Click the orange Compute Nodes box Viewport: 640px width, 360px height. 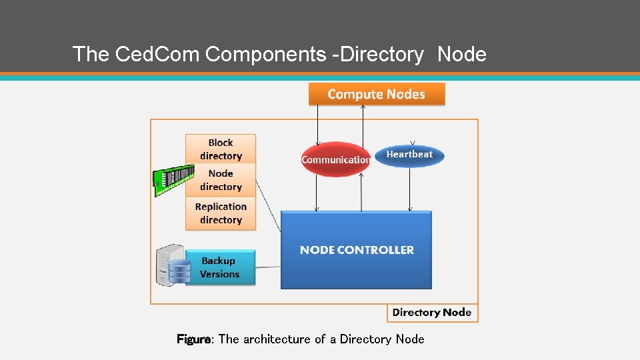[x=376, y=94]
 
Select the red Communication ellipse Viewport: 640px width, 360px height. [x=335, y=159]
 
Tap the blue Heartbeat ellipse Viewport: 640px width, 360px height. [x=409, y=155]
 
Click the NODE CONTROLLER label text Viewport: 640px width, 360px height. [x=357, y=250]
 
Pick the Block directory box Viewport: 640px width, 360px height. [x=220, y=149]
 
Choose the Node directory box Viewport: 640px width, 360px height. [x=220, y=180]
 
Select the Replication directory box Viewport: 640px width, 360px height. [x=220, y=213]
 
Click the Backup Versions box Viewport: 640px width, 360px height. [x=220, y=267]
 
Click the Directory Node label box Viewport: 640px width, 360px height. [x=432, y=313]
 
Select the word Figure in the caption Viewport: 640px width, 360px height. [x=193, y=339]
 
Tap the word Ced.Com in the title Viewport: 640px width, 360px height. [x=157, y=54]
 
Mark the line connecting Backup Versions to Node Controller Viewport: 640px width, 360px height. [x=267, y=267]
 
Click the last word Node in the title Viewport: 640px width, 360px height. [x=462, y=54]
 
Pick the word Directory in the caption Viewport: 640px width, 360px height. [x=365, y=339]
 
